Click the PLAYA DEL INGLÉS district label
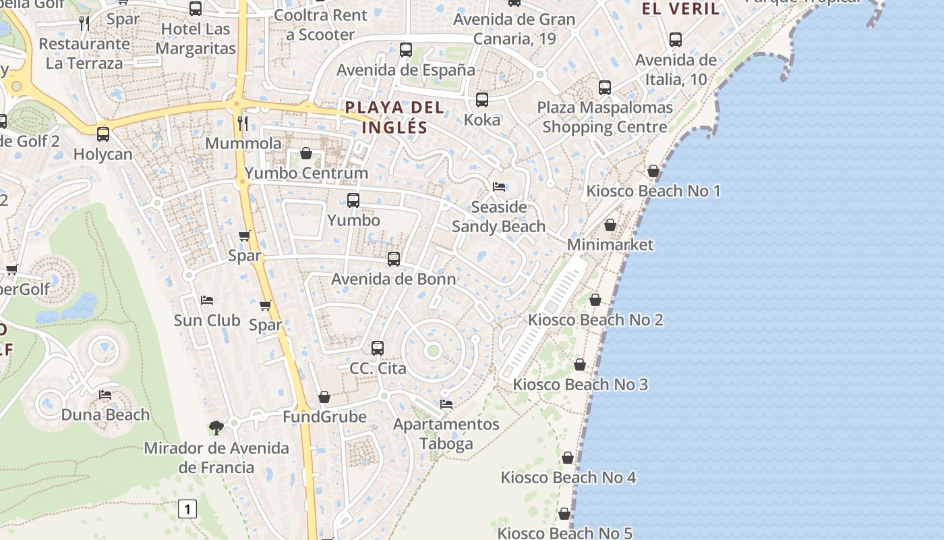click(x=394, y=117)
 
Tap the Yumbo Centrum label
click(x=306, y=173)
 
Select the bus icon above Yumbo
click(x=353, y=200)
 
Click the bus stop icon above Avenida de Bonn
click(x=394, y=259)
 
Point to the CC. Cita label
click(x=378, y=369)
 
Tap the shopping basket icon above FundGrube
click(x=324, y=397)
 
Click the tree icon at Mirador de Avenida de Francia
click(x=216, y=427)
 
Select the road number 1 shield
click(x=187, y=508)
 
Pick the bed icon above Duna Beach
click(x=105, y=394)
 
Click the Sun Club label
click(x=207, y=320)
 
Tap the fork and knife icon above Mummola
click(x=243, y=123)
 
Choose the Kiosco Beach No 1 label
click(x=653, y=191)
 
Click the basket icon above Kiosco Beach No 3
click(x=580, y=364)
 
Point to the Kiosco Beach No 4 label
click(x=568, y=478)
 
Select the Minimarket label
click(x=610, y=244)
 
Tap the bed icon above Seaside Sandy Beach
click(x=499, y=186)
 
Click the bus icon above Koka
click(x=482, y=100)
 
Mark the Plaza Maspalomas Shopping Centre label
click(x=605, y=117)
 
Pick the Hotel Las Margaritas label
click(x=196, y=39)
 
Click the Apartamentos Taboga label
click(x=446, y=434)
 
